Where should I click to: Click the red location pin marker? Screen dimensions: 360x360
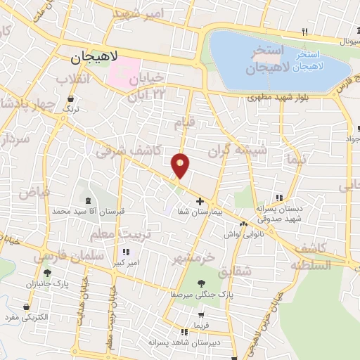coord(181,165)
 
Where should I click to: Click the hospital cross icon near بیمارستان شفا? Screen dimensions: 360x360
coord(200,201)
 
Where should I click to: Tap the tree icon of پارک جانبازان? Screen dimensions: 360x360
coord(47,273)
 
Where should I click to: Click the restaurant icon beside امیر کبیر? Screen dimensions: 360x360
coord(125,252)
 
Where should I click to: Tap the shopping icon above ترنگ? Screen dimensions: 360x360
coord(70,100)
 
